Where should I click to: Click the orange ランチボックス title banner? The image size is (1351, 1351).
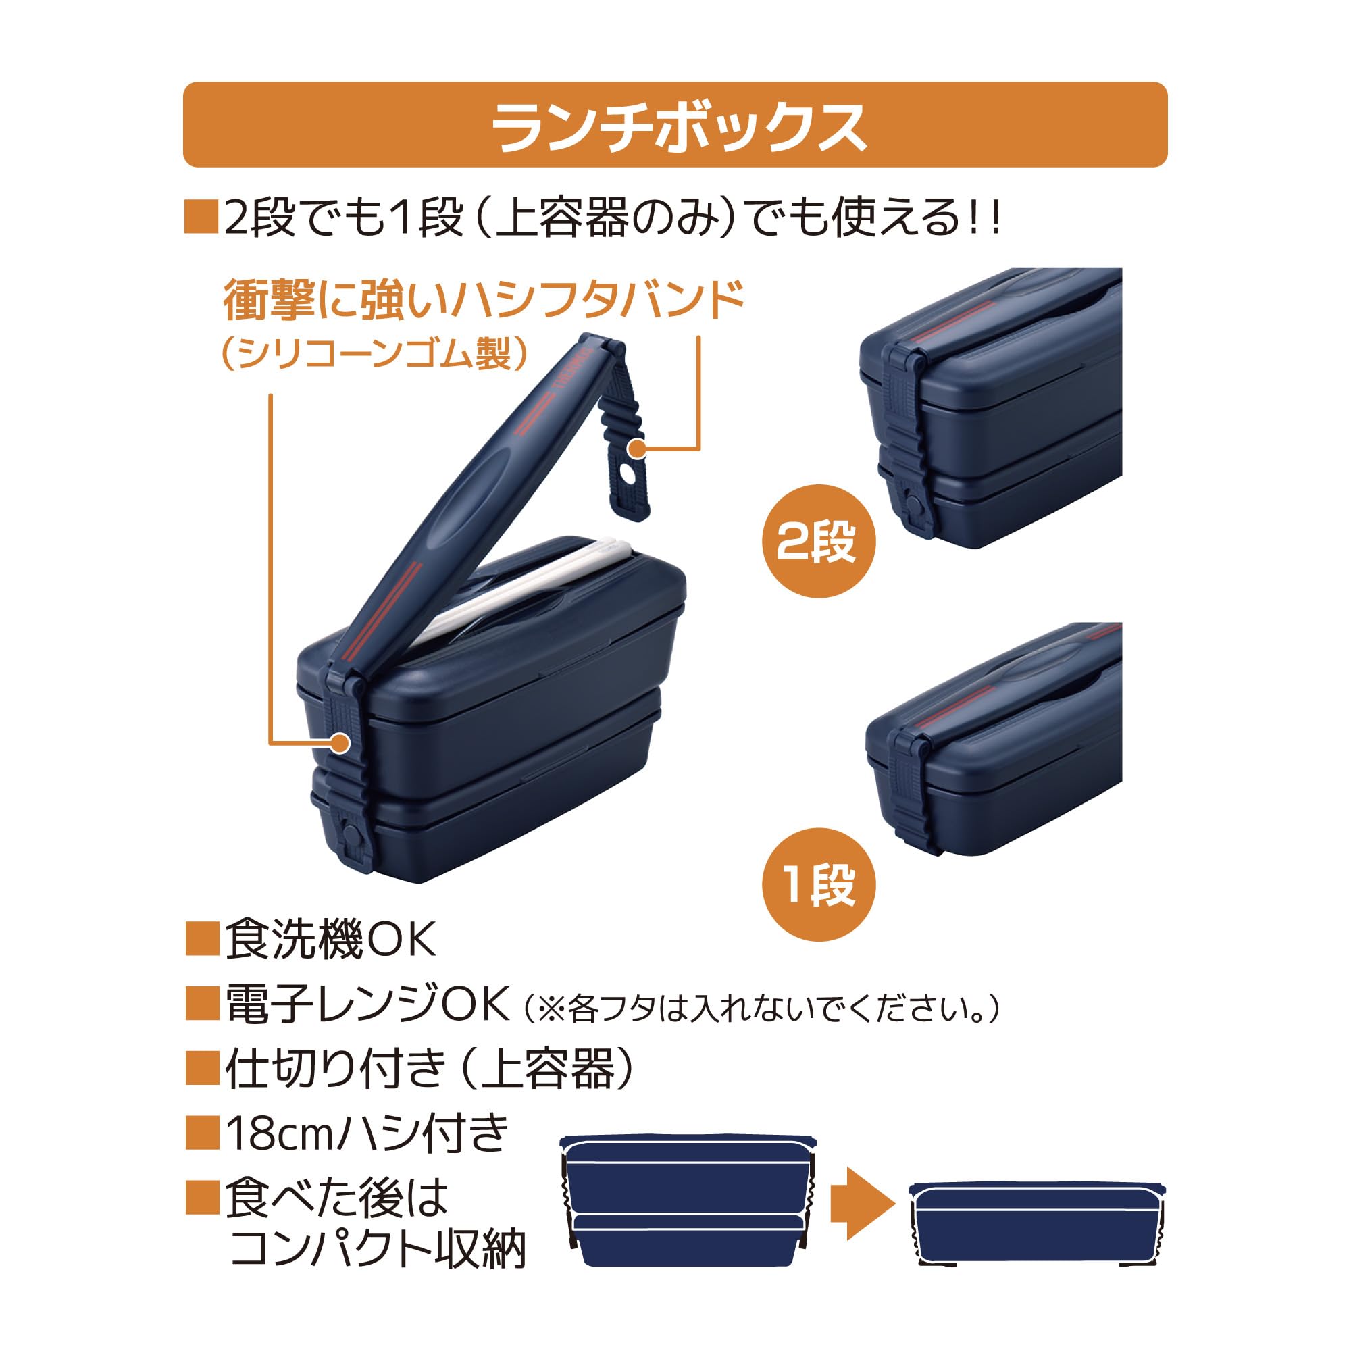(x=675, y=124)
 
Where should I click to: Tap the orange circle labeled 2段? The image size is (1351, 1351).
(x=817, y=541)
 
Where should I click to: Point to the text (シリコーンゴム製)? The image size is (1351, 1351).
(x=374, y=354)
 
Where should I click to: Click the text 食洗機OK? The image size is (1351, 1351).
(x=330, y=939)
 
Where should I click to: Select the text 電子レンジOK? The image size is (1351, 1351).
(x=366, y=1004)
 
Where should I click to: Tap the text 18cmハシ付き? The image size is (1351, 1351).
(x=366, y=1133)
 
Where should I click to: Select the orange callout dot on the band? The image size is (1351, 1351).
(x=339, y=742)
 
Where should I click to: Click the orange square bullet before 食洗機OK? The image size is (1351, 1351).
(x=202, y=939)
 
